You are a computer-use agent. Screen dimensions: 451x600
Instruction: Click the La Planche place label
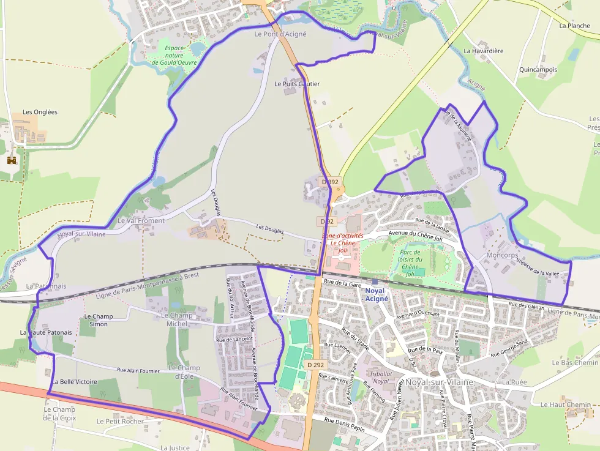click(575, 26)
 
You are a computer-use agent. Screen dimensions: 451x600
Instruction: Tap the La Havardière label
click(484, 51)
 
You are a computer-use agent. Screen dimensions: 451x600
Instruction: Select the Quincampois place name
click(538, 69)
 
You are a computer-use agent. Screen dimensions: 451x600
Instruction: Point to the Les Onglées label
click(40, 112)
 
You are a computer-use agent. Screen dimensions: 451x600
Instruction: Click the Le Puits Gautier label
click(297, 84)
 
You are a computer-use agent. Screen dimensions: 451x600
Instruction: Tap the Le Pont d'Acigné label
click(280, 34)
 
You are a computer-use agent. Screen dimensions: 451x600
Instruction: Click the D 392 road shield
click(330, 182)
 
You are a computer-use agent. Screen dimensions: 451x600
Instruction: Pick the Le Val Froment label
click(141, 220)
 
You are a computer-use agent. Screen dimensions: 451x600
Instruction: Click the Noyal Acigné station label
click(375, 294)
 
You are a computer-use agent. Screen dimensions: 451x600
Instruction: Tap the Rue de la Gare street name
click(343, 283)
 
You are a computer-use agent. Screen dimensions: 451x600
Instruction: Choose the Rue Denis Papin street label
click(345, 420)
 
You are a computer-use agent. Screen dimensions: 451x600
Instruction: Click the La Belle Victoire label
click(75, 381)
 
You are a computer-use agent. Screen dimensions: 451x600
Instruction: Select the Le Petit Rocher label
click(120, 421)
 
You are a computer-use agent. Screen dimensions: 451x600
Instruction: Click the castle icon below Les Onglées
click(11, 160)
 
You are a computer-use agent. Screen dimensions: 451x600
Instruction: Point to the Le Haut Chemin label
click(566, 404)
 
